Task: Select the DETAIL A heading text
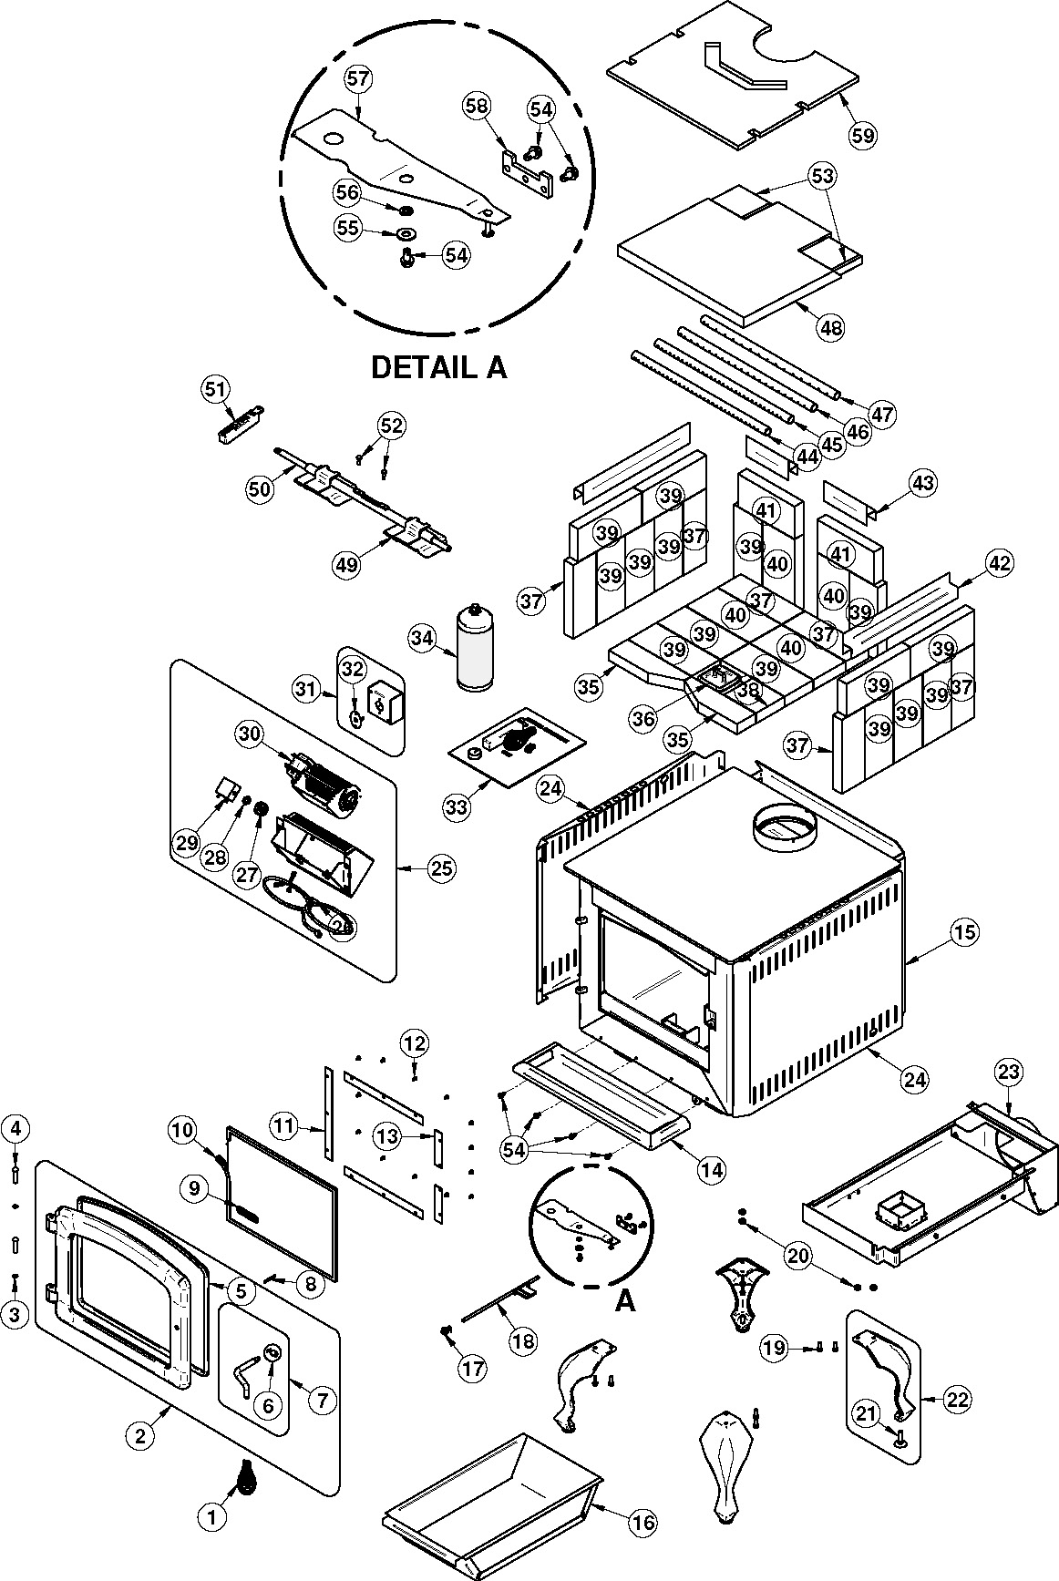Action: click(437, 367)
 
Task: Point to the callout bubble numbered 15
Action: click(964, 931)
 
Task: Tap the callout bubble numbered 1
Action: click(211, 1517)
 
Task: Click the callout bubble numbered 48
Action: click(831, 325)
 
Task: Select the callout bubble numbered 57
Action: click(358, 79)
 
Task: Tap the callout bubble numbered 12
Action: click(414, 1042)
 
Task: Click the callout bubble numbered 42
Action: click(1000, 563)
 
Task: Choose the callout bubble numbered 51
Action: click(214, 390)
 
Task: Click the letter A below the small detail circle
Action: click(624, 1301)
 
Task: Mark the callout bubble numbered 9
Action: click(194, 1188)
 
